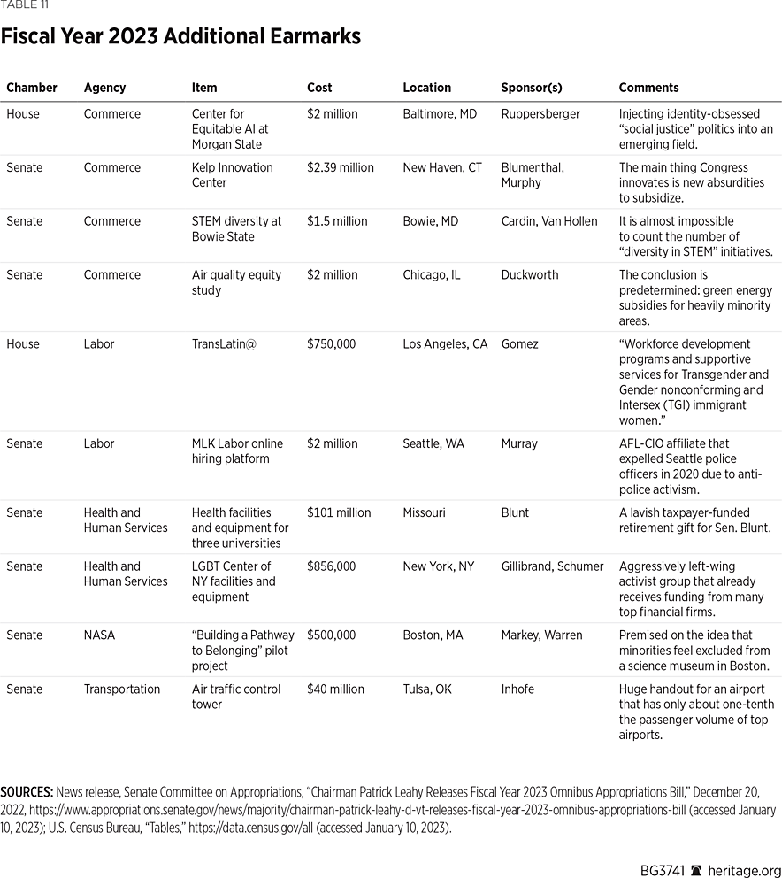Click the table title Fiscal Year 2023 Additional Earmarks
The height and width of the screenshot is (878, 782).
click(x=180, y=37)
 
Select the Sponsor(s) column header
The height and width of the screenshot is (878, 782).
click(x=531, y=88)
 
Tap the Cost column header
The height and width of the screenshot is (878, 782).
click(x=319, y=88)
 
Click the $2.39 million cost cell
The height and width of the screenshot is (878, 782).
click(x=341, y=167)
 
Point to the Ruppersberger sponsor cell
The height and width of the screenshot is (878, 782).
click(x=539, y=114)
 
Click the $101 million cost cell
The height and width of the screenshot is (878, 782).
click(x=337, y=512)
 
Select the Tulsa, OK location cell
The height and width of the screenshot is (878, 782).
click(x=427, y=689)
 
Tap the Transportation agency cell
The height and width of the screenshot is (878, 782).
click(x=122, y=689)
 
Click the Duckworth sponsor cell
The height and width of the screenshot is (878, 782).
click(x=530, y=274)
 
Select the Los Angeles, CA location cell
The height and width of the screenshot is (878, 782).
click(x=445, y=343)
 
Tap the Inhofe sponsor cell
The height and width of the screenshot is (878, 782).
click(x=517, y=689)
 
